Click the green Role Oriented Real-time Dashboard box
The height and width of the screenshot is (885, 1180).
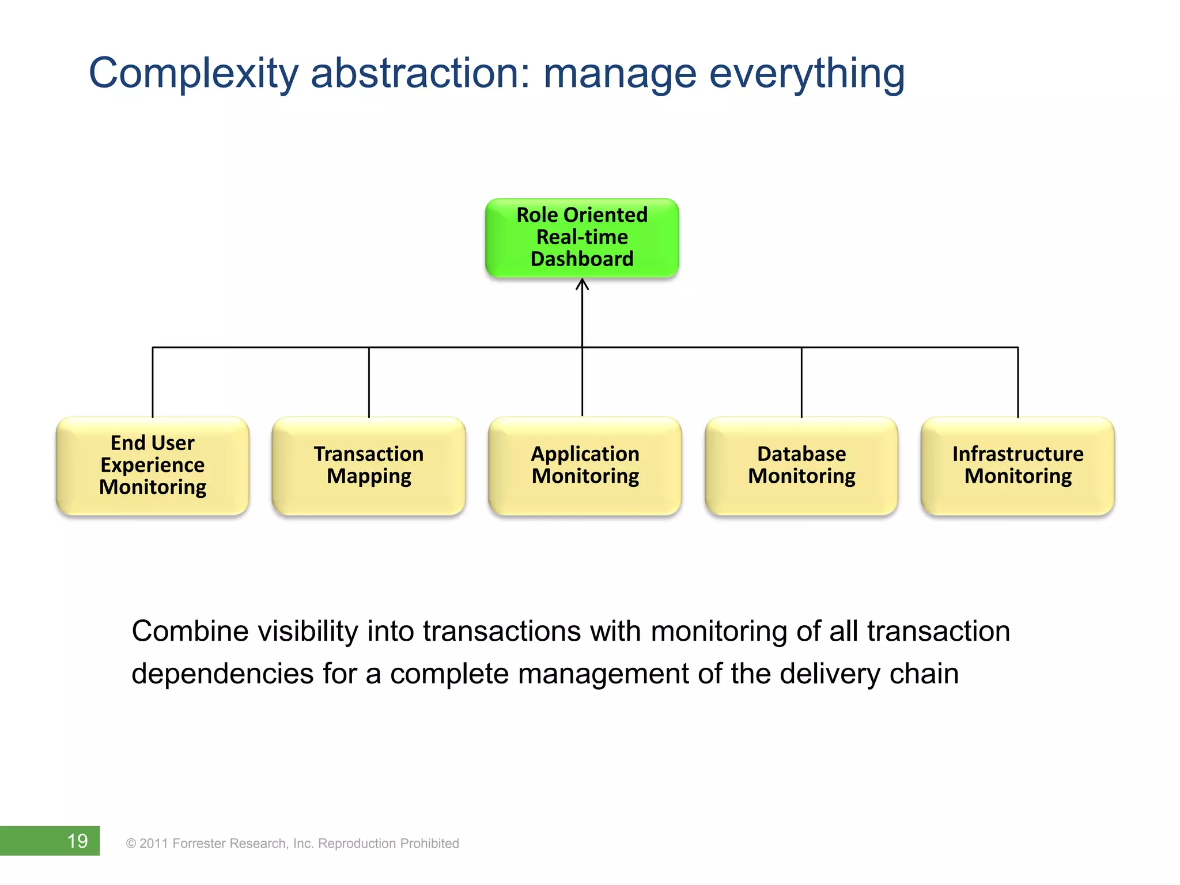(x=582, y=237)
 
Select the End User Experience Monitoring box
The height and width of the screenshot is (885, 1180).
(x=153, y=466)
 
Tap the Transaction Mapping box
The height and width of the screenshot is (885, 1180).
(x=369, y=466)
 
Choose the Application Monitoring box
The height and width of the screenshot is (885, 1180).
(x=585, y=466)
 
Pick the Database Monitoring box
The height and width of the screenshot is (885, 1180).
(x=801, y=466)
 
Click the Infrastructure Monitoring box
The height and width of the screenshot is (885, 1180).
(x=1018, y=466)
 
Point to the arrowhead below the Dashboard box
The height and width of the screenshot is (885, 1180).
(x=583, y=284)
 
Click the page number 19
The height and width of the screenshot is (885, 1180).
(x=77, y=841)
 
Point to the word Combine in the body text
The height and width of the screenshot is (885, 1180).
(x=190, y=631)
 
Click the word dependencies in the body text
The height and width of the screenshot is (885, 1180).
(x=222, y=674)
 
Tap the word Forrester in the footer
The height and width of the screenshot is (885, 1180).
(x=199, y=844)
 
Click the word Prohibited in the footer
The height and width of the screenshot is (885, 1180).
(x=429, y=844)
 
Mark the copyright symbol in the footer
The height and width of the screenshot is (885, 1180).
(x=131, y=844)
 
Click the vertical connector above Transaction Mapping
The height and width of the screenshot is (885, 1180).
(x=369, y=381)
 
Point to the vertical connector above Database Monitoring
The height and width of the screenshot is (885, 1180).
(x=801, y=381)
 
